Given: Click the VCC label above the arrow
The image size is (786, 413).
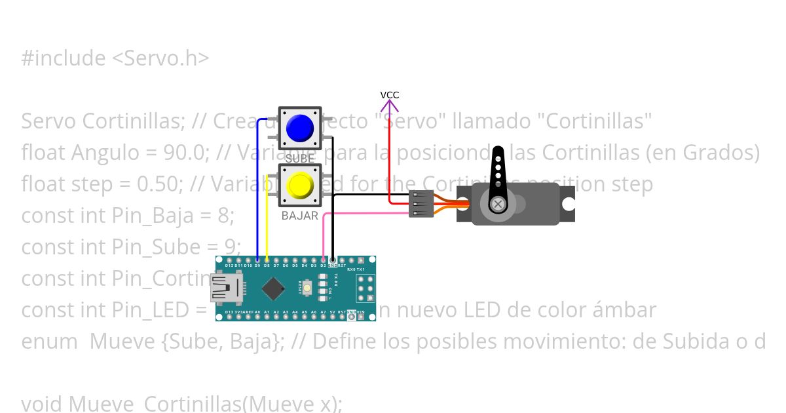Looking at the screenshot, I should coord(390,95).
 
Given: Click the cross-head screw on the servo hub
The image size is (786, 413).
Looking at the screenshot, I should coord(499,205).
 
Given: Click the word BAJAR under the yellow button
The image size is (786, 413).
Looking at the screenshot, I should coord(300,216).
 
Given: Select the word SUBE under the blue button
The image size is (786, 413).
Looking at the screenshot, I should coord(300,159).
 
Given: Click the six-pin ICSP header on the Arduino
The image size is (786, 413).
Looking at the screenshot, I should coord(365,288).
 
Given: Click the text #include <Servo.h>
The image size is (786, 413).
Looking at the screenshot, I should coord(115,58).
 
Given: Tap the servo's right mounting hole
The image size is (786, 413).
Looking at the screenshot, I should coord(568,205).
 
